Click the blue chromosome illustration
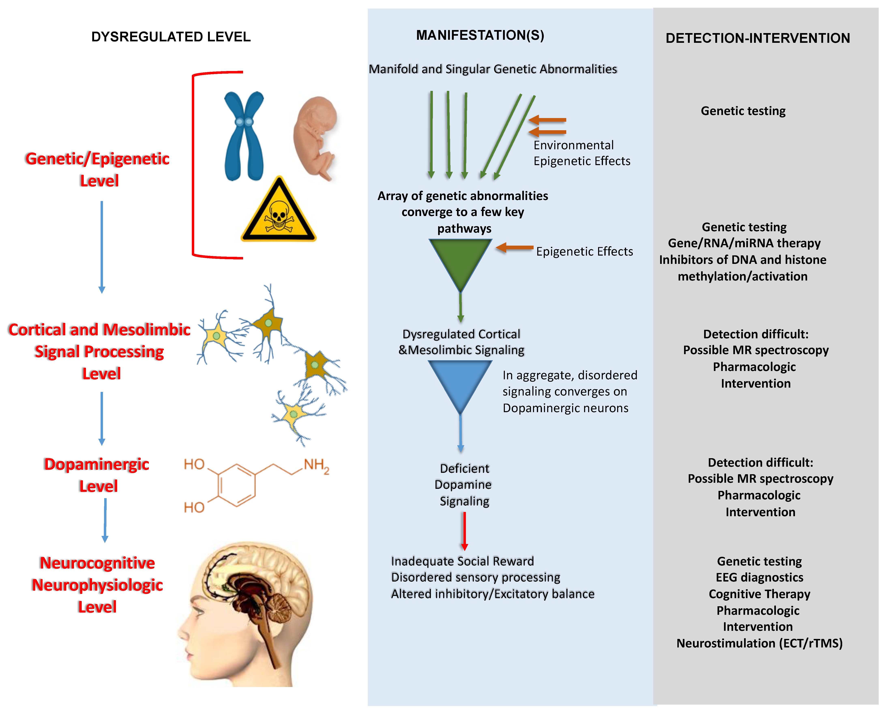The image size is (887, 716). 244,136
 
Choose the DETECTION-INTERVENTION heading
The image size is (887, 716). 758,38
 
